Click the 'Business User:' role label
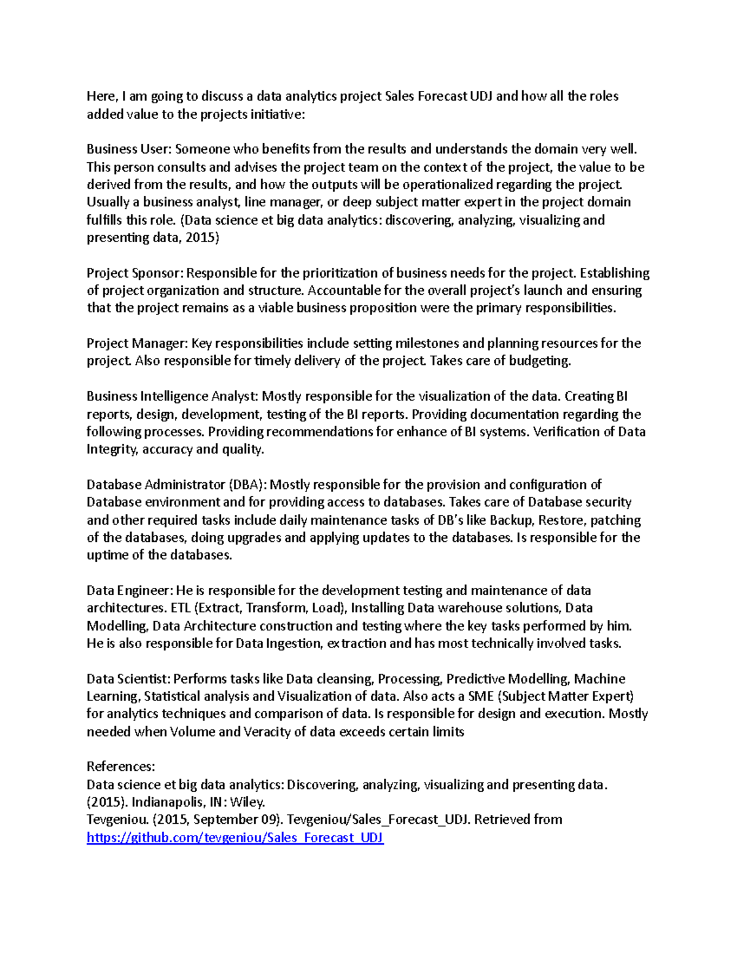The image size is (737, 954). pos(129,149)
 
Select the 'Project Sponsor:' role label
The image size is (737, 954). pos(135,273)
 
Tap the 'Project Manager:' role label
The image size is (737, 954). pos(137,343)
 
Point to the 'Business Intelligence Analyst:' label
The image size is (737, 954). pos(173,396)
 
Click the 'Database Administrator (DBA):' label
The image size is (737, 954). pos(177,485)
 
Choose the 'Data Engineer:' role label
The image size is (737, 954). pos(130,591)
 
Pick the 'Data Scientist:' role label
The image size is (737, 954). pos(128,679)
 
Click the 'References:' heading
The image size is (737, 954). pos(120,767)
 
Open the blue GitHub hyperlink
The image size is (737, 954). pos(235,838)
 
